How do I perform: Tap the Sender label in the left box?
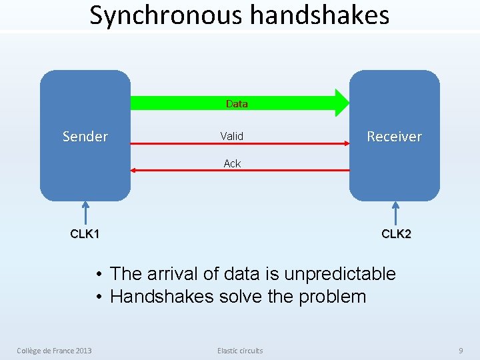tap(85, 137)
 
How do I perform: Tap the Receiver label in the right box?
tap(394, 137)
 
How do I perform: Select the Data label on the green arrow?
tap(237, 103)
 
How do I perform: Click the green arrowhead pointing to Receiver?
tap(341, 103)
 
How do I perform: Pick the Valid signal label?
tap(232, 136)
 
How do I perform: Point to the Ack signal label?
tap(232, 163)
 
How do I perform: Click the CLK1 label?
tap(85, 234)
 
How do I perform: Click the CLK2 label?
tap(396, 234)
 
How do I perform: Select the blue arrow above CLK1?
tap(85, 213)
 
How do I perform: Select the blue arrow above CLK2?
tap(396, 213)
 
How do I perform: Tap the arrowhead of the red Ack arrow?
tap(133, 171)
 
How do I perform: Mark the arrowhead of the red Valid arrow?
tap(346, 143)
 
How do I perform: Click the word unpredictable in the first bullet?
tap(340, 274)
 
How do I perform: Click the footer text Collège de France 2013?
tap(55, 351)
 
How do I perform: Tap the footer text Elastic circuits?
tap(240, 351)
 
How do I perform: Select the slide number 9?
tap(460, 351)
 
